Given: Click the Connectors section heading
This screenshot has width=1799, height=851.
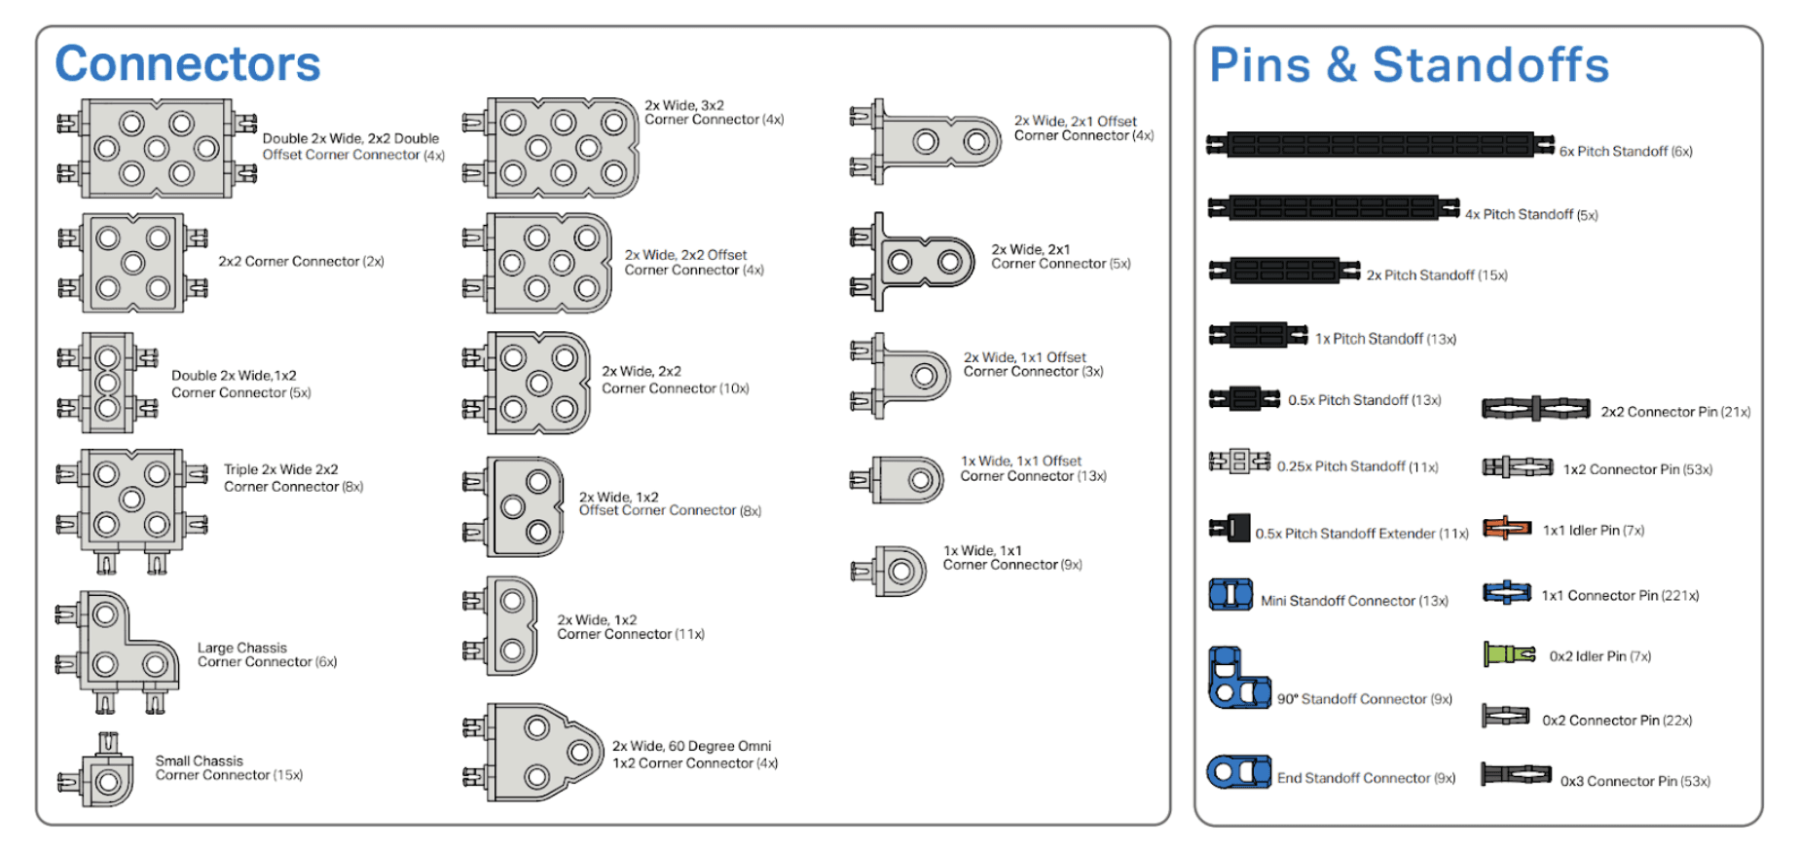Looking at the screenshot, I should coord(187,64).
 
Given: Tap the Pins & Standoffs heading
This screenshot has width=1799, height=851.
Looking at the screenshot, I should coord(1408,65).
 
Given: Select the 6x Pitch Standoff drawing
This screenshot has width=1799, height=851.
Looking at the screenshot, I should coord(1379,145).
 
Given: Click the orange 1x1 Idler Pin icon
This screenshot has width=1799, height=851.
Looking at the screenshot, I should coord(1506,529).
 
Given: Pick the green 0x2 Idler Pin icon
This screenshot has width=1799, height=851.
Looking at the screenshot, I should coord(1508,654).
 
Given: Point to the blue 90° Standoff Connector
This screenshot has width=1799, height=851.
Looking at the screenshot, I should coord(1236,680).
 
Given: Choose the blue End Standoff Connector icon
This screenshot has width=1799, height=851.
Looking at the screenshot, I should coord(1238,772).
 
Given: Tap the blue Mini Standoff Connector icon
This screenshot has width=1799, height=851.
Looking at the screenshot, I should coord(1230,594).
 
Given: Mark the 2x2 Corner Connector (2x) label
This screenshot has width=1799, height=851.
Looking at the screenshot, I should coord(301,262).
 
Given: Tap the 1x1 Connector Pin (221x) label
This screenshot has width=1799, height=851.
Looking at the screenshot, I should coord(1620,596).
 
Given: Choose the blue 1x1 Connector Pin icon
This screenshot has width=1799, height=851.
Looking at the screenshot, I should coord(1507,592).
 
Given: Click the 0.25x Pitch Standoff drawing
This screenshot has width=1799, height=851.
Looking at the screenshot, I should coord(1239,462).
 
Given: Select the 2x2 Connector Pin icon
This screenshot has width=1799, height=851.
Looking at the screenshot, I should coord(1535,409).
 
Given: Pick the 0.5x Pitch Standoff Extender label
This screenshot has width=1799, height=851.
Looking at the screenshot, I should coord(1361,534).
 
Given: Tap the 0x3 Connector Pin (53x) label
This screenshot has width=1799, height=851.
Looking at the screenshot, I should coord(1634,781).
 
